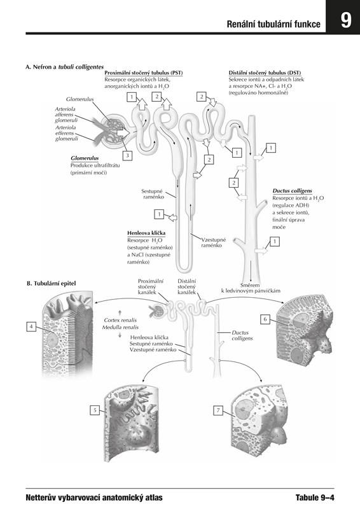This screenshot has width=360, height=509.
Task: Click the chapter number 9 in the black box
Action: pos(346,21)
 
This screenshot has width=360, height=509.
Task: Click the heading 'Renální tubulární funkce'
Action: pos(273,24)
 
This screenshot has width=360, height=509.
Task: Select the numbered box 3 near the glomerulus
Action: pos(128,155)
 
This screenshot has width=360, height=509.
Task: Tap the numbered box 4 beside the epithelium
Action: pos(31,326)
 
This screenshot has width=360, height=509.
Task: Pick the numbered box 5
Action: pos(95,410)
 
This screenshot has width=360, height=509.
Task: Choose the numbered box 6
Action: pos(265,319)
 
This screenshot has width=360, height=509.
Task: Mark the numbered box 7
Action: pos(218,410)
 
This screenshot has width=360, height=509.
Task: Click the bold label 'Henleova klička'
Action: pos(146,233)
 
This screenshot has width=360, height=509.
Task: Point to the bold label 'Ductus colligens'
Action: pos(292,191)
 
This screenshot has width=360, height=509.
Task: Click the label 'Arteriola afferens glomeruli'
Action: pos(66,115)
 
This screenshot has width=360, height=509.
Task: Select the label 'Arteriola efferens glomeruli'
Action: pos(66,133)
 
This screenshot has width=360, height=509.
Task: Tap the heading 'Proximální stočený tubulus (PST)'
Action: pos(144,73)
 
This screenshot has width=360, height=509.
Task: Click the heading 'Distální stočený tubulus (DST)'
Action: pos(265,73)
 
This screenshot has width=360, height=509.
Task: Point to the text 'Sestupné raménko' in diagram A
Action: pos(152,194)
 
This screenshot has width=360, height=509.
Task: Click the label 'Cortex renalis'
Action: pos(120,320)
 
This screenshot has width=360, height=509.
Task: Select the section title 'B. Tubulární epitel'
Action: pos(52,283)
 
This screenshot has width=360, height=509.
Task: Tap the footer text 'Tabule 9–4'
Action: pos(315,498)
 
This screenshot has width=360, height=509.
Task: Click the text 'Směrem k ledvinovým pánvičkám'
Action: pos(251,288)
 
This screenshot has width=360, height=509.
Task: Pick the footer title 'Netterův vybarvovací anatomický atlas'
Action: pos(94,498)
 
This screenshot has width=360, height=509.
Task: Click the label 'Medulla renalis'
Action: pos(120,327)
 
